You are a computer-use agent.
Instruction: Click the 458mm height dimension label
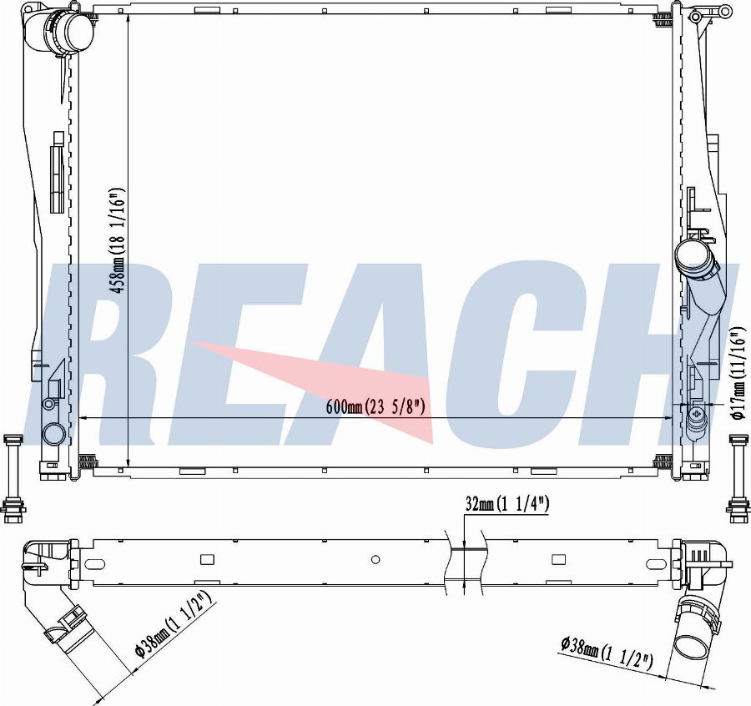(x=118, y=240)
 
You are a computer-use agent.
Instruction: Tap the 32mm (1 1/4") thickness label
(x=507, y=503)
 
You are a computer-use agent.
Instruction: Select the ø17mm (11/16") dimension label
(x=739, y=374)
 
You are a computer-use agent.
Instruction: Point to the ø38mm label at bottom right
(x=607, y=652)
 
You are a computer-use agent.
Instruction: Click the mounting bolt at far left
(x=13, y=478)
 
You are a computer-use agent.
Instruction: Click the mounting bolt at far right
(x=738, y=478)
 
